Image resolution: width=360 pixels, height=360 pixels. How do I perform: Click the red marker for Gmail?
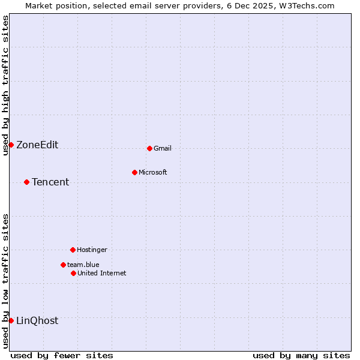pyautogui.click(x=149, y=148)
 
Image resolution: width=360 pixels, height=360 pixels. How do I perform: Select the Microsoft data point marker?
pyautogui.click(x=134, y=172)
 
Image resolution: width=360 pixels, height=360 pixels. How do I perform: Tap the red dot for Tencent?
pyautogui.click(x=26, y=182)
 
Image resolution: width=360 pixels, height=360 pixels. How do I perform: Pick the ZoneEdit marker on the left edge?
pyautogui.click(x=11, y=145)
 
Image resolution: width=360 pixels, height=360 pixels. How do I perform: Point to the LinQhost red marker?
pyautogui.click(x=11, y=320)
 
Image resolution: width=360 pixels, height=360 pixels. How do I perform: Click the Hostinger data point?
pyautogui.click(x=73, y=250)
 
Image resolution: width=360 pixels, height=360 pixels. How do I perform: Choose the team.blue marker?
pyautogui.click(x=63, y=265)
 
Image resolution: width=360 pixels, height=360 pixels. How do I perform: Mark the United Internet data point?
pyautogui.click(x=73, y=273)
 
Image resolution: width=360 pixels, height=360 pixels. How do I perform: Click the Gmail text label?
pyautogui.click(x=163, y=149)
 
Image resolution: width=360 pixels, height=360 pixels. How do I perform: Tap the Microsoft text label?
pyautogui.click(x=153, y=173)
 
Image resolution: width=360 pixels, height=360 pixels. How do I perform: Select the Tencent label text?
pyautogui.click(x=50, y=182)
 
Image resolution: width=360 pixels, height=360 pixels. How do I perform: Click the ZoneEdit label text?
pyautogui.click(x=37, y=145)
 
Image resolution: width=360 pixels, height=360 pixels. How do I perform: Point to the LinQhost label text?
pyautogui.click(x=37, y=321)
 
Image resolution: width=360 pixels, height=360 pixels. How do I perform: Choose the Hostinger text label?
pyautogui.click(x=92, y=250)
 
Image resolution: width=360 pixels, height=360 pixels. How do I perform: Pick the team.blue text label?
pyautogui.click(x=83, y=265)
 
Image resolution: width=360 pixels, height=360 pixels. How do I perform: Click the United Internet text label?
pyautogui.click(x=102, y=274)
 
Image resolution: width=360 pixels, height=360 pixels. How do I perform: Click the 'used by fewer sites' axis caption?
pyautogui.click(x=62, y=356)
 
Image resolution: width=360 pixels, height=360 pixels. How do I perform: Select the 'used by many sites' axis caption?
pyautogui.click(x=301, y=356)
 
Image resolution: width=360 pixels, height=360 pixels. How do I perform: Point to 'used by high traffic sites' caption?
pyautogui.click(x=5, y=85)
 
